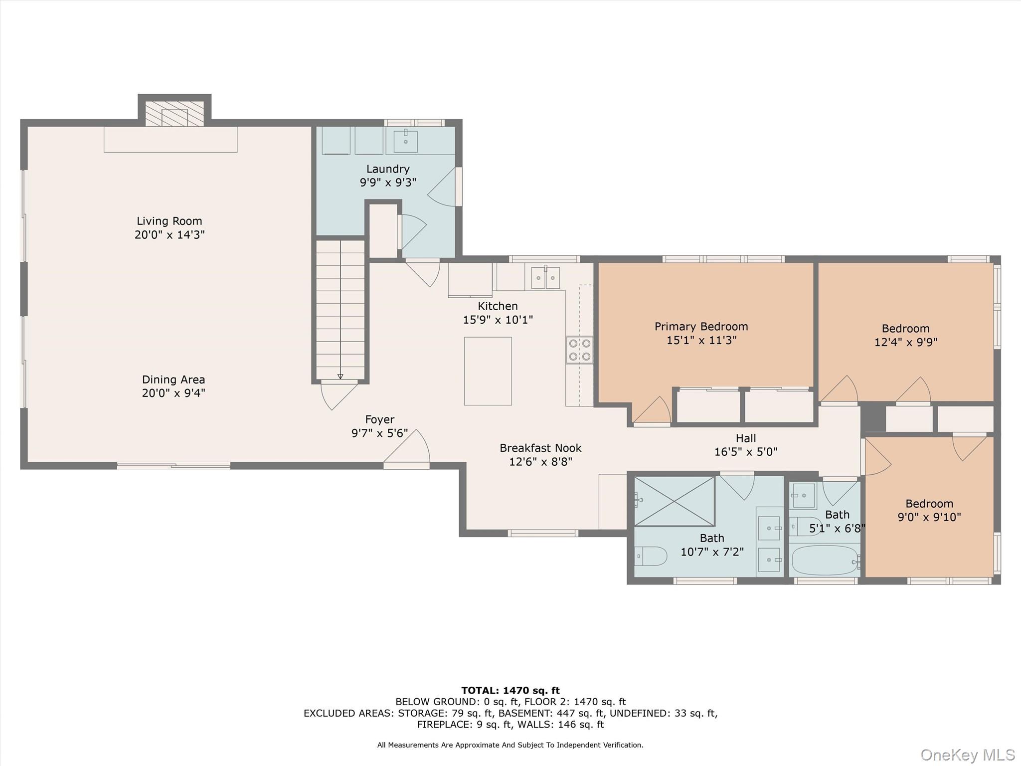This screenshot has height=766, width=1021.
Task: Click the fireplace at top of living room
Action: [174, 114]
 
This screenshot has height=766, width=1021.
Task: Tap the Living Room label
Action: [170, 221]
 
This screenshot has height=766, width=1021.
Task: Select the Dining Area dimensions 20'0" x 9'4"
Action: [173, 393]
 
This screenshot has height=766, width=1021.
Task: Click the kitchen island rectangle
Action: [488, 371]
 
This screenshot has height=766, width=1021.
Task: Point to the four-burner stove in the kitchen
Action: [579, 350]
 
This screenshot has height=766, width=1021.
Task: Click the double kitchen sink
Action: [545, 278]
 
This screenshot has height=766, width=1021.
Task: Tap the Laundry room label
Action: [388, 169]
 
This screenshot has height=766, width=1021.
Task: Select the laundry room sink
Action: [405, 141]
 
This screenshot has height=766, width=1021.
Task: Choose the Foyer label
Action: [379, 419]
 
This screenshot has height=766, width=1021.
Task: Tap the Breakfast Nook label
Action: [540, 448]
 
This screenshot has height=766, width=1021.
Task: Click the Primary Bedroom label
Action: [701, 327]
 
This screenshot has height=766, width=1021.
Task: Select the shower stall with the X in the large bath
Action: [674, 501]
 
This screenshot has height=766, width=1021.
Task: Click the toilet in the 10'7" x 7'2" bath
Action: [651, 556]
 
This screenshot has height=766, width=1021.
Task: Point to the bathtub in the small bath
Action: [825, 560]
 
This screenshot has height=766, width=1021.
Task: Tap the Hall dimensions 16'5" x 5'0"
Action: [746, 452]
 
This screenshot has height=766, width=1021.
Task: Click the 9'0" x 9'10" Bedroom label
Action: [929, 504]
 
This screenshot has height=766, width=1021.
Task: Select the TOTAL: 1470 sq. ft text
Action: [510, 691]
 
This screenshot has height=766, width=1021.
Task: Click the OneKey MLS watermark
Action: [967, 755]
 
